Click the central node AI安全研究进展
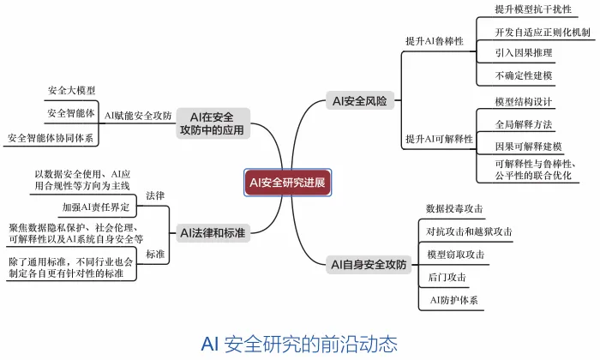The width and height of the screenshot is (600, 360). coord(287,182)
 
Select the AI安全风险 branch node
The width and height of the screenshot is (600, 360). coord(360,101)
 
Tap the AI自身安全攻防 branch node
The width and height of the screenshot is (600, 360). coord(368,265)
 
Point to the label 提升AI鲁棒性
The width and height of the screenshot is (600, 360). coord(435,40)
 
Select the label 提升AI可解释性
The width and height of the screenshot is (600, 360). coord(439,138)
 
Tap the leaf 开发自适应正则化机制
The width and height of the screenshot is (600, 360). coord(543,32)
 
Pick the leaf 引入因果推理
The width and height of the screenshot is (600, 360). coord(523,53)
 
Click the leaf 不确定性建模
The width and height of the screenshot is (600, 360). coord(524,75)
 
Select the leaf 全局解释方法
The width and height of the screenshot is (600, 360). coord(523,123)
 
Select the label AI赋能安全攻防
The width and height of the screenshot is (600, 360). coord(138,115)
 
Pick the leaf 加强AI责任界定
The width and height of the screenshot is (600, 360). coord(96,207)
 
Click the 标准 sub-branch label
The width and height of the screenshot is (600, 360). coord(155,254)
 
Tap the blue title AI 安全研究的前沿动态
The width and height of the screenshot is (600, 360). coord(299,344)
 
